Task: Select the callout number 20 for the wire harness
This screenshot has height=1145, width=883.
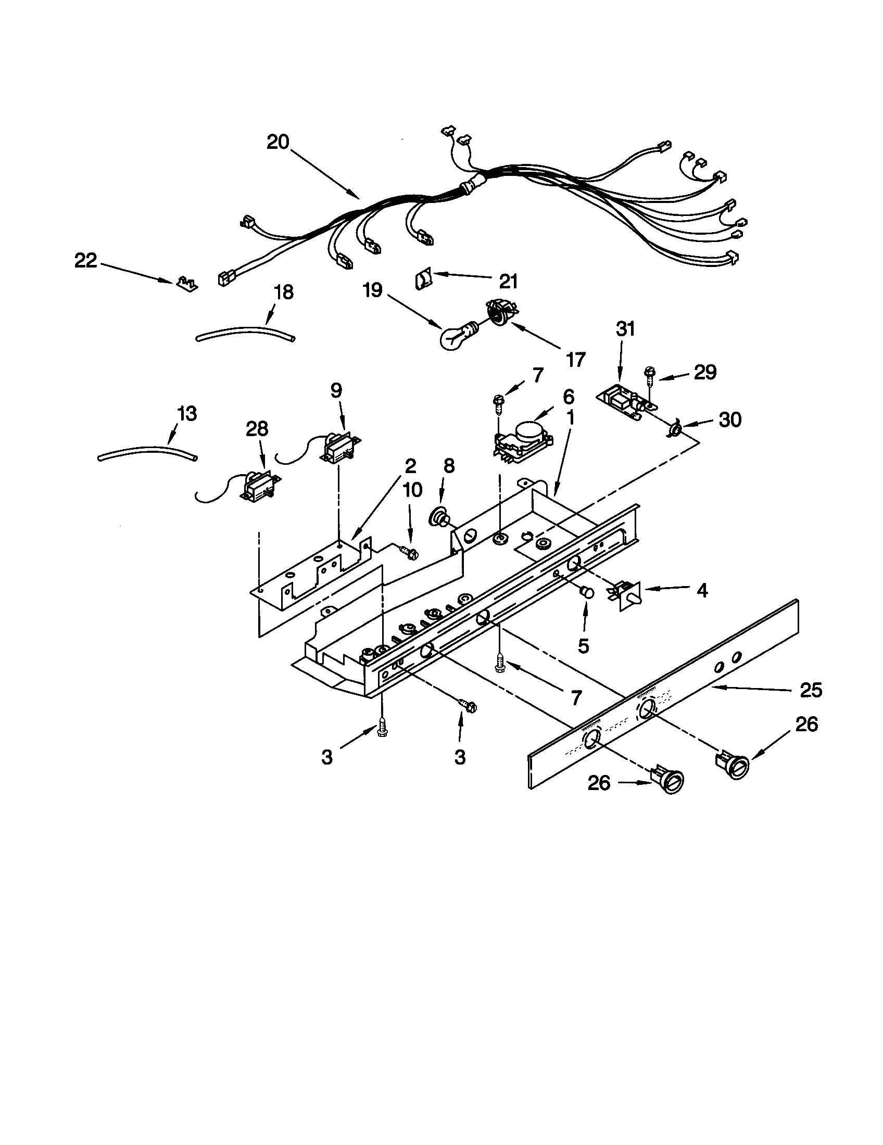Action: [278, 142]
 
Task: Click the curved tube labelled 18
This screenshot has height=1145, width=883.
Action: [244, 333]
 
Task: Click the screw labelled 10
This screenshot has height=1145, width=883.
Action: [408, 552]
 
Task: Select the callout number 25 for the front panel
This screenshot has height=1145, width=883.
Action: [811, 690]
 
